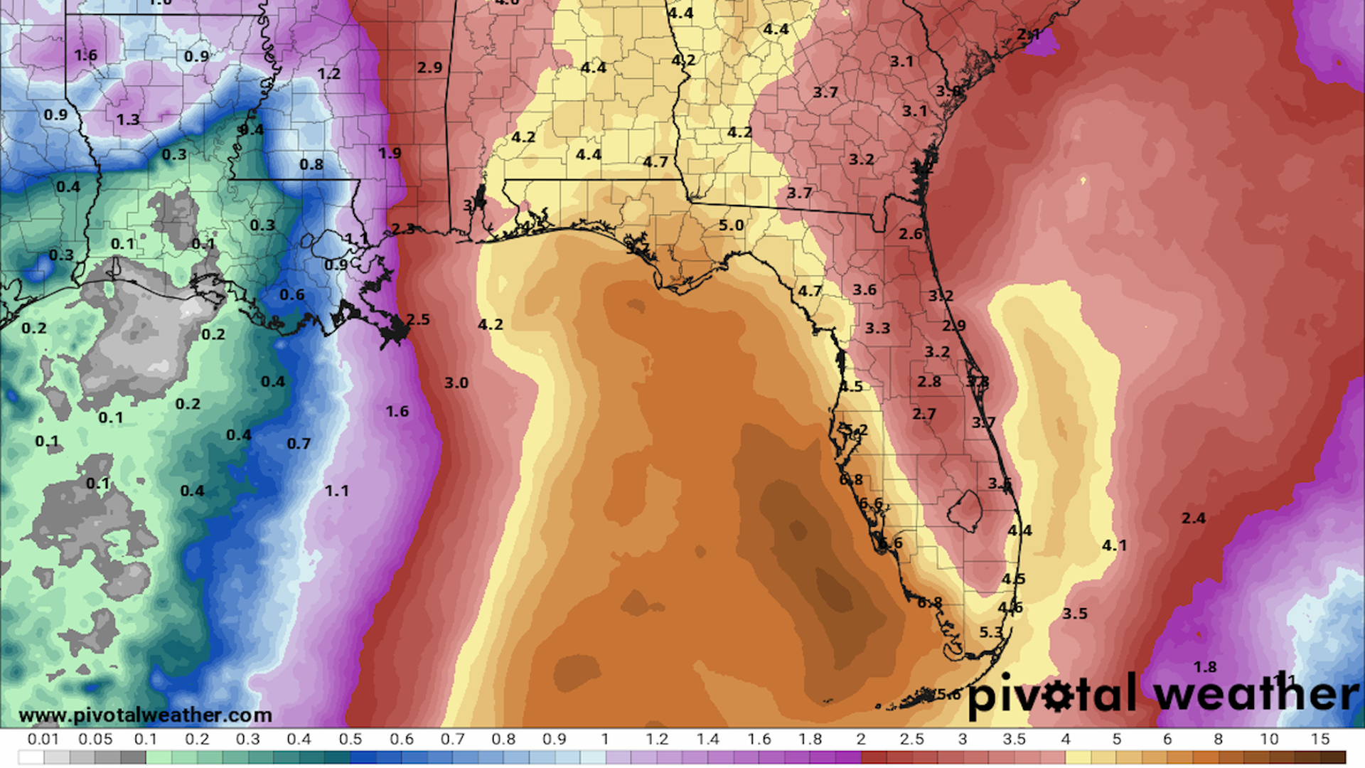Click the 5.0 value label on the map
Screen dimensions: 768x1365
[x=731, y=225]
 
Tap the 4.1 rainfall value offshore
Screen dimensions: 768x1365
[x=1114, y=545]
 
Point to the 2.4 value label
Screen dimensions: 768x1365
[x=1194, y=518]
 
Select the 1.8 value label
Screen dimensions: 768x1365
[x=1205, y=667]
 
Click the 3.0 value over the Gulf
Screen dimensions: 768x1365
[x=456, y=383]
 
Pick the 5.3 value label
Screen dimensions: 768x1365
[x=991, y=632]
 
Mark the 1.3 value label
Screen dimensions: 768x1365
[x=128, y=119]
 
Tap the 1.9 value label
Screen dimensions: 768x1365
[x=390, y=153]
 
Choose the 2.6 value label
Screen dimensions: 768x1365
[x=911, y=234]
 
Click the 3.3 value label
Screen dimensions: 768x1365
[x=877, y=328]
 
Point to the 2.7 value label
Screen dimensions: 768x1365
[x=924, y=414]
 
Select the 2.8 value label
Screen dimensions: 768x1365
[x=929, y=382]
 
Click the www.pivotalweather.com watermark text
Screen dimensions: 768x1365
[x=145, y=715]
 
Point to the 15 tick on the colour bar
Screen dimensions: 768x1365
[x=1320, y=740]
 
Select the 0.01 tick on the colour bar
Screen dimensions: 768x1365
[x=43, y=740]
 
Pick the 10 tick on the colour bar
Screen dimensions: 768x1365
[x=1269, y=740]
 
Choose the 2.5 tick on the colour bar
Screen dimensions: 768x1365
[x=911, y=740]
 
